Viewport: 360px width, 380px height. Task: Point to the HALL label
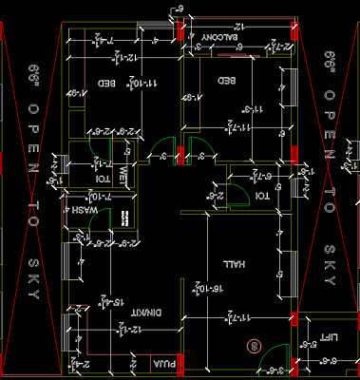[x=231, y=263]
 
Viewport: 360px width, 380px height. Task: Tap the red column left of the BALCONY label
[x=181, y=29]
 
